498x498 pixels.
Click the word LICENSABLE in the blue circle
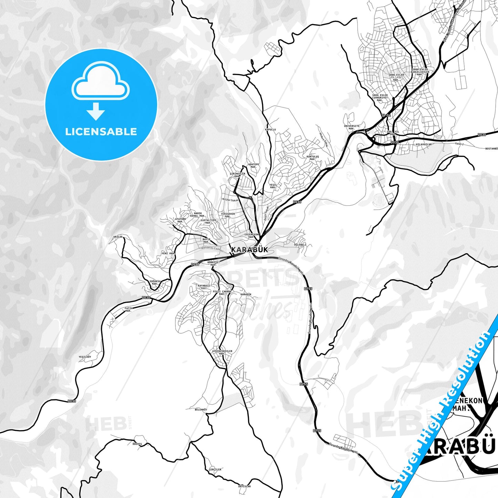[x=101, y=132]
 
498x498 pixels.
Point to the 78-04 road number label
[x=386, y=115]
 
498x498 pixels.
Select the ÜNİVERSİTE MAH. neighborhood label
[x=352, y=128]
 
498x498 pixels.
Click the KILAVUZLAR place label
[x=424, y=144]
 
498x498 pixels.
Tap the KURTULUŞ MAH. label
[x=313, y=158]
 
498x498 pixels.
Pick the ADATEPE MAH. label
[x=254, y=166]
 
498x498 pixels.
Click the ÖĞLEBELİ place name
[x=300, y=245]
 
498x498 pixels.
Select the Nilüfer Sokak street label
[x=231, y=200]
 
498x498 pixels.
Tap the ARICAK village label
[x=118, y=237]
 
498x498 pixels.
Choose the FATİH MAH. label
[x=129, y=309]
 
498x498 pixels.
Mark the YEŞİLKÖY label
[x=85, y=357]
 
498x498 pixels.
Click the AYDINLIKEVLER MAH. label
[x=222, y=353]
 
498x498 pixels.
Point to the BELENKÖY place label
[x=201, y=409]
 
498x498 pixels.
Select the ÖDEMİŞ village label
[x=137, y=444]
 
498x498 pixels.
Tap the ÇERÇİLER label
[x=215, y=469]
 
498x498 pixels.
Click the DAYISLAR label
[x=244, y=487]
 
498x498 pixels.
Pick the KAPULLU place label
[x=270, y=130]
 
